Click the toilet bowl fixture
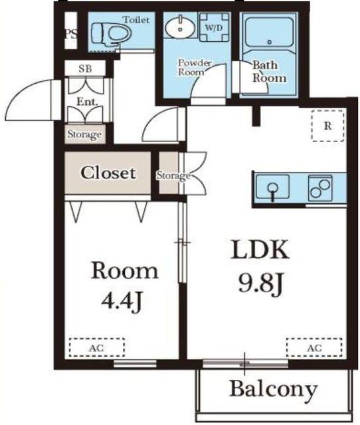click(111, 34)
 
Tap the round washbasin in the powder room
click(181, 27)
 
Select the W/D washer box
click(214, 27)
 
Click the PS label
click(71, 34)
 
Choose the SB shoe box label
click(85, 68)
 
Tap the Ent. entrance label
click(87, 102)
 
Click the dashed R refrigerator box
click(327, 126)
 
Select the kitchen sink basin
click(273, 187)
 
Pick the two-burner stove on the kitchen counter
click(320, 188)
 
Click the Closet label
click(108, 173)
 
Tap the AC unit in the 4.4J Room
click(97, 348)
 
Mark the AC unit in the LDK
click(314, 348)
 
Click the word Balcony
click(274, 389)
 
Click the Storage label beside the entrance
click(84, 134)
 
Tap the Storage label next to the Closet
click(173, 176)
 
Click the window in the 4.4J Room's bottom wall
click(135, 363)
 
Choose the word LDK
click(260, 250)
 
